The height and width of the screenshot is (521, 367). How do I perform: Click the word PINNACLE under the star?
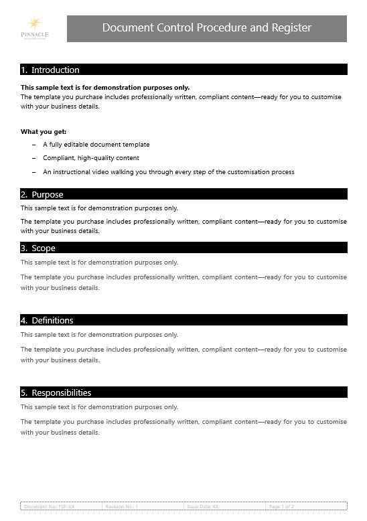(x=34, y=33)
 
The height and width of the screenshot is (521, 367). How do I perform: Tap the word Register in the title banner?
(x=291, y=27)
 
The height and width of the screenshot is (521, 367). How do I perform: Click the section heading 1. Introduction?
(x=50, y=70)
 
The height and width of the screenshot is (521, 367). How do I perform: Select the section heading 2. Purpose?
(x=42, y=194)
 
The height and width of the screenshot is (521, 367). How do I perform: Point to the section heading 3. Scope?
(x=38, y=248)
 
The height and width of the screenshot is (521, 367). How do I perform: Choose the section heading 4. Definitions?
(x=47, y=320)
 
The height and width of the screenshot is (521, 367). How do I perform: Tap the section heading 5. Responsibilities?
(x=56, y=392)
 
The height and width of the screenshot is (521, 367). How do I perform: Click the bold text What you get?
(x=44, y=131)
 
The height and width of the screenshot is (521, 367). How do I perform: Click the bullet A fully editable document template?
(x=96, y=145)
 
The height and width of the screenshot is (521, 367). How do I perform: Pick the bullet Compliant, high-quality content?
(x=91, y=158)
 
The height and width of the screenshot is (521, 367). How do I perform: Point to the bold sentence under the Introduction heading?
(x=105, y=87)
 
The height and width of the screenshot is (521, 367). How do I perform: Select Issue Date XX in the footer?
(x=203, y=507)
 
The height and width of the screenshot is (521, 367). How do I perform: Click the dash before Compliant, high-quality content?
(x=34, y=158)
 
